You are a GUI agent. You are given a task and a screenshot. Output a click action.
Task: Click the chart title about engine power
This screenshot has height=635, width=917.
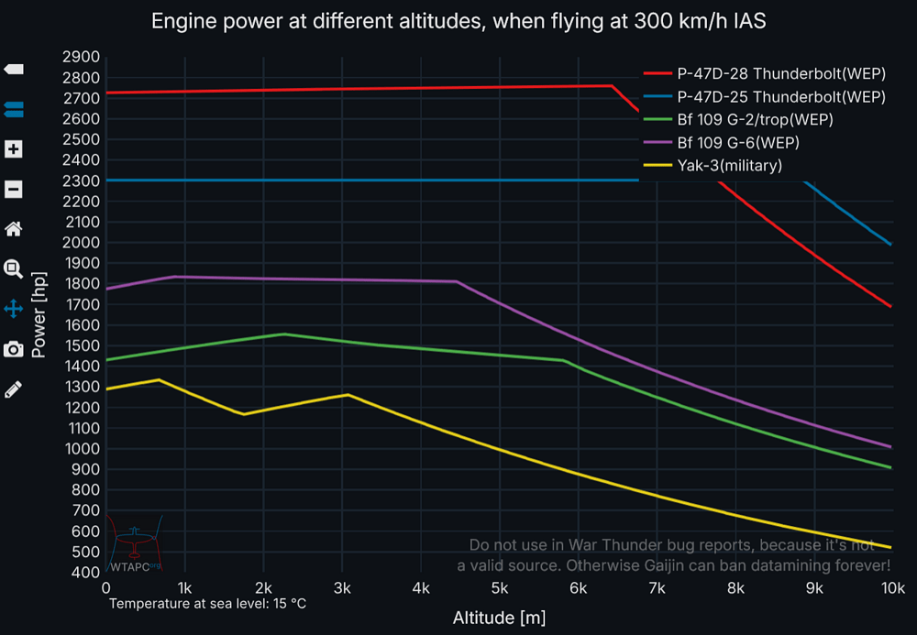[x=458, y=21]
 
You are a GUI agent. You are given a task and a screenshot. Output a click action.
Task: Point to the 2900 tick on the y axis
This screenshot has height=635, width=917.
[x=81, y=57]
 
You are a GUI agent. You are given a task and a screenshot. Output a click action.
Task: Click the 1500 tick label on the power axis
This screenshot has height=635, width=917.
[x=81, y=346]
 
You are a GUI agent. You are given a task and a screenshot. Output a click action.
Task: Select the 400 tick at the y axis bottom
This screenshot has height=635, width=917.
[x=84, y=573]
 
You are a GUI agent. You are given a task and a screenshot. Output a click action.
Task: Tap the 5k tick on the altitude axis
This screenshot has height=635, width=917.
[x=500, y=587]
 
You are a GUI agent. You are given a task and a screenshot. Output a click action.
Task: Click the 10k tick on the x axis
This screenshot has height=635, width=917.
[x=892, y=587]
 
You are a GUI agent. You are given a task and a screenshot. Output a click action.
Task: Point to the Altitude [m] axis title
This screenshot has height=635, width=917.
[x=499, y=618]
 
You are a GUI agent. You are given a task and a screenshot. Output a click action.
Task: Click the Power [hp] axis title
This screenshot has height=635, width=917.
[x=39, y=313]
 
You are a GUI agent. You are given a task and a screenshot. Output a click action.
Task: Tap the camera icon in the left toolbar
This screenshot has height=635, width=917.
[x=13, y=349]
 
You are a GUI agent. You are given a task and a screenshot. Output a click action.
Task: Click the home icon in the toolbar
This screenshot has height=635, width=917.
[x=13, y=228]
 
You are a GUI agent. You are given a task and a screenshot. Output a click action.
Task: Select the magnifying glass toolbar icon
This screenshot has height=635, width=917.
[x=13, y=268]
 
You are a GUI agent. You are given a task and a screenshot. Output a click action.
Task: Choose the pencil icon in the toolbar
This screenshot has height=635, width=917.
[x=13, y=389]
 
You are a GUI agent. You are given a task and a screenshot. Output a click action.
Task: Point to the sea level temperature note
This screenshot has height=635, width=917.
[x=207, y=604]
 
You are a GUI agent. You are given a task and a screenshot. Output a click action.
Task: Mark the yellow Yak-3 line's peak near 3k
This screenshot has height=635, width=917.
[x=348, y=395]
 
